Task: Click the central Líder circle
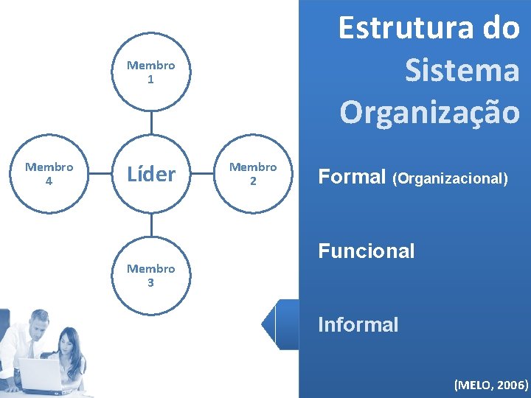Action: pos(151,175)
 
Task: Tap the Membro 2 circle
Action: pos(253,174)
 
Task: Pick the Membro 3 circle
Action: pos(151,275)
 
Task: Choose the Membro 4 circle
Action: pos(49,174)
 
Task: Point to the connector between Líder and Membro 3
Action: pos(151,225)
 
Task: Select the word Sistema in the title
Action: pos(462,71)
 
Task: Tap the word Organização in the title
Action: pos(429,111)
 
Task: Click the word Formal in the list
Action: pos(352,177)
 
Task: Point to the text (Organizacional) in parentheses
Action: pos(450,178)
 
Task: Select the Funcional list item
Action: pos(366,251)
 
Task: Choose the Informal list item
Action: pos(358,324)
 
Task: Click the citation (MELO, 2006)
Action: pos(491,384)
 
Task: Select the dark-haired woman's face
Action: pos(69,343)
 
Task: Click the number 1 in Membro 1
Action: pos(151,80)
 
